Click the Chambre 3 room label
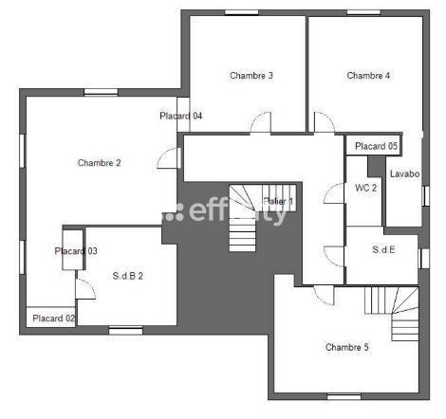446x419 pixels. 251,76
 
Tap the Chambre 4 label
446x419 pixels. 368,76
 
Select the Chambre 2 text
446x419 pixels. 99,163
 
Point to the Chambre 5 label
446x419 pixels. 346,347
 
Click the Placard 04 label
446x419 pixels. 180,117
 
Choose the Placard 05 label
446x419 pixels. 376,146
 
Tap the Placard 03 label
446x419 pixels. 76,251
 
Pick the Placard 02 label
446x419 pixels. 51,319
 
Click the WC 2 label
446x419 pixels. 365,189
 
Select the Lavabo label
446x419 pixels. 404,173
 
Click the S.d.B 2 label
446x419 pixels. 127,276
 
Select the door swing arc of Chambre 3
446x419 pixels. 260,123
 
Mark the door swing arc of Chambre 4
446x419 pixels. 325,122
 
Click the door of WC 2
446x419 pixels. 334,194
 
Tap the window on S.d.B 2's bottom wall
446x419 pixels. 124,330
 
